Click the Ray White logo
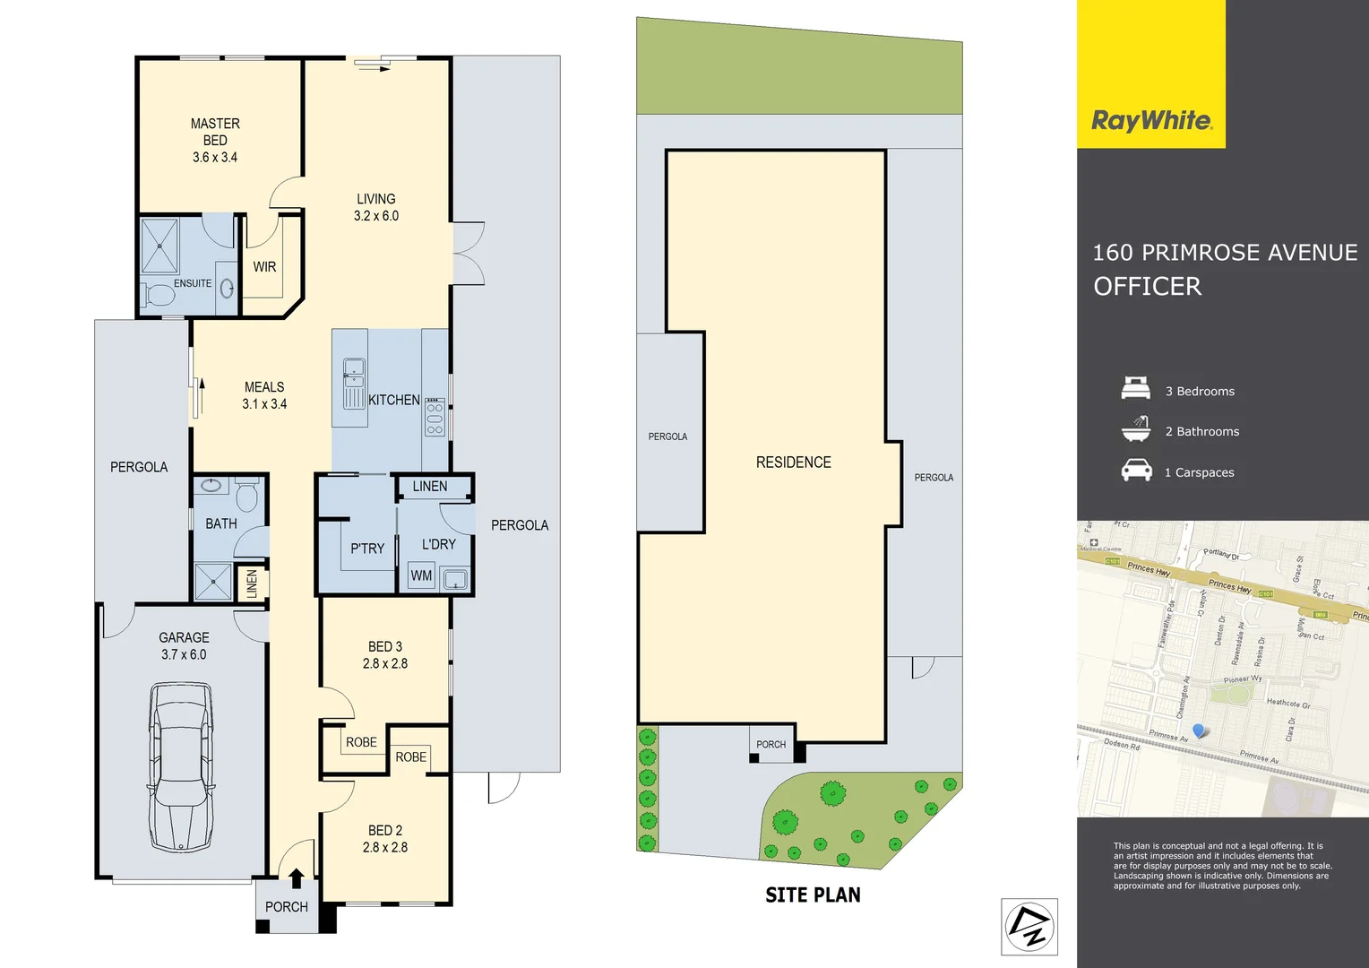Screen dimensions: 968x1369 coord(1151,121)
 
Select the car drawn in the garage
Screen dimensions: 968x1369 coord(182,767)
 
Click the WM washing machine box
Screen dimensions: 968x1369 coord(421,575)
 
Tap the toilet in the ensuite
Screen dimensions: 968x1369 coord(159,294)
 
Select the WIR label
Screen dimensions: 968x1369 coord(264,267)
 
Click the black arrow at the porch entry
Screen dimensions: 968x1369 coord(296,878)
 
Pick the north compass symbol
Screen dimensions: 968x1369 coord(1029,927)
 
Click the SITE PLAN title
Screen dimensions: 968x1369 coord(813,895)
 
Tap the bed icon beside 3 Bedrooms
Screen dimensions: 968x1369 coord(1136,388)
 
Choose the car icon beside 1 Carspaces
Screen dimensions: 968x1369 coord(1136,470)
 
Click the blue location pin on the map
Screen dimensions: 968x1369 coord(1199,731)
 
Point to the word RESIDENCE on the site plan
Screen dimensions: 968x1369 coord(793,462)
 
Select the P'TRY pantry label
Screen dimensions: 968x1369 coord(367,549)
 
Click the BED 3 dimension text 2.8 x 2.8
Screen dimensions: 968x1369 coord(385,663)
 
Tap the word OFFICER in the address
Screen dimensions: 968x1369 coord(1147,287)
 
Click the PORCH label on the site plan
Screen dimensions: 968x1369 coord(771,744)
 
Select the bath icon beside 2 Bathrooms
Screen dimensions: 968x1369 coord(1136,429)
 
